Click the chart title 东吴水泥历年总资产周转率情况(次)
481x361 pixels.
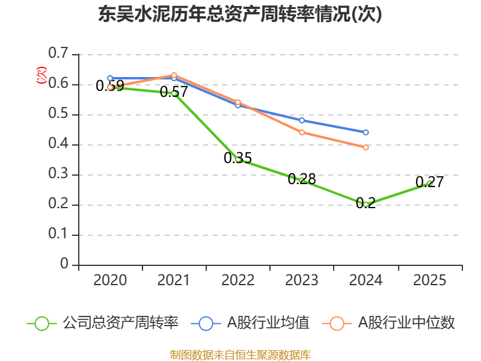240,14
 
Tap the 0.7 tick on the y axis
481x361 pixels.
59,54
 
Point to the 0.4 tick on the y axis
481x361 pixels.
59,144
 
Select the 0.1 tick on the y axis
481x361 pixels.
59,235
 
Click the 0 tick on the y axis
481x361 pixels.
64,265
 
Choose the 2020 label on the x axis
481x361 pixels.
110,280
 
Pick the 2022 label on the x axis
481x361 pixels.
238,280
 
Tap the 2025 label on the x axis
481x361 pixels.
429,280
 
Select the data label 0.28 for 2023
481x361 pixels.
302,179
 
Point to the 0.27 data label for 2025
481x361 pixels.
429,182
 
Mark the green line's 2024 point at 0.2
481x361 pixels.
366,205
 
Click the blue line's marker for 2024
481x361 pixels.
366,132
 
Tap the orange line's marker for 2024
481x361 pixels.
366,147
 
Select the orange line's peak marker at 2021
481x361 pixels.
174,75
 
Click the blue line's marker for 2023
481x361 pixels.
302,120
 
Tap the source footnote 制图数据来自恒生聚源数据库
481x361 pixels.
240,354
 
